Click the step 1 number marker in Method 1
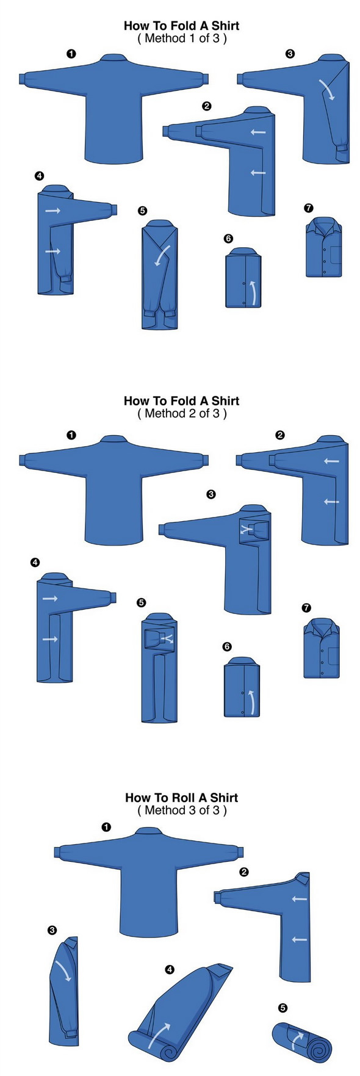(71, 54)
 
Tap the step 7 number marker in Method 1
(309, 208)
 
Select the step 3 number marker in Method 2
(211, 494)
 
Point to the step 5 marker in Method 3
(283, 1008)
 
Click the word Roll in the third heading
(182, 797)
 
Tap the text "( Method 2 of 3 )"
(182, 413)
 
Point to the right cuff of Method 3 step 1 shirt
(240, 851)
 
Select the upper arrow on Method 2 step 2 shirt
(331, 461)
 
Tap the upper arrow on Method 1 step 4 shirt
(53, 211)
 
